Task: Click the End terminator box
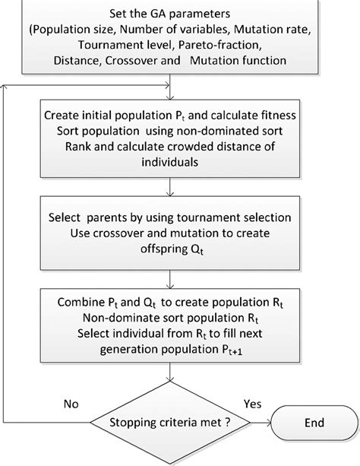[x=315, y=422]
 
